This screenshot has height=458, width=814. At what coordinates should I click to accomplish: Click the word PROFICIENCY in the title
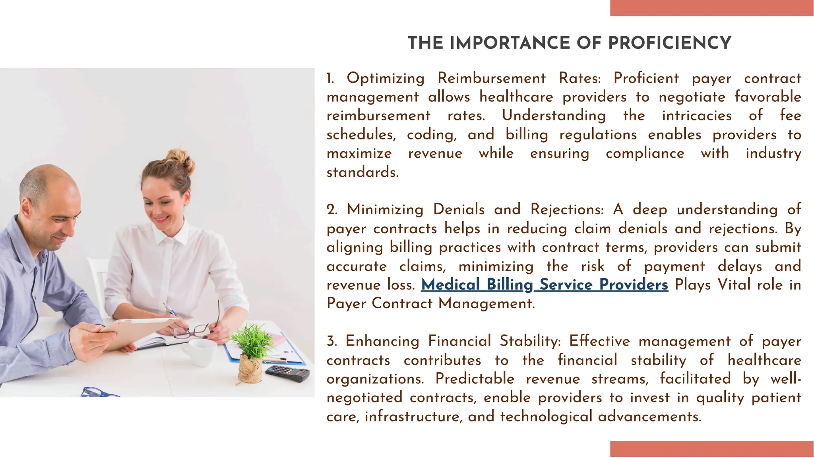(670, 43)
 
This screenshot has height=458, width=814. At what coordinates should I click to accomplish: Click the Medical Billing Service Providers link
(545, 285)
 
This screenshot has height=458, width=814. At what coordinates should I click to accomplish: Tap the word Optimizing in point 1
(386, 78)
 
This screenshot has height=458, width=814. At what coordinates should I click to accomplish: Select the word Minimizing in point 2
(385, 209)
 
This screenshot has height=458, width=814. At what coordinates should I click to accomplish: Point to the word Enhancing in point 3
(382, 341)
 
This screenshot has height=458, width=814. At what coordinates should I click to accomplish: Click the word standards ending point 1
(362, 172)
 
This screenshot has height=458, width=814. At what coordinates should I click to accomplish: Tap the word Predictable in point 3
(475, 379)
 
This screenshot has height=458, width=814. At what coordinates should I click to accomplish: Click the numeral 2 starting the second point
(331, 210)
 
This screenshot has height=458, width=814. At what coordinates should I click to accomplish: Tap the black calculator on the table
(287, 373)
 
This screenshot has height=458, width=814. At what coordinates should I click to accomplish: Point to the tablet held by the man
(135, 332)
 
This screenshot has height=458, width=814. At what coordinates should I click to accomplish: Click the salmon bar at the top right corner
(711, 8)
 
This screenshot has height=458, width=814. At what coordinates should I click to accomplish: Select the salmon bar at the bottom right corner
(711, 449)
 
